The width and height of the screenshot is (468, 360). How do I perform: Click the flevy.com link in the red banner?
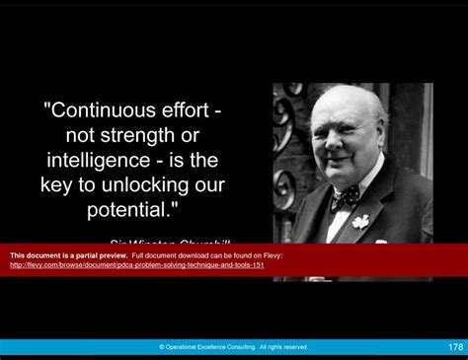click(x=136, y=264)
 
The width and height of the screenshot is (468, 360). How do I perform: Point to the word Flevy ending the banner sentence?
click(x=273, y=255)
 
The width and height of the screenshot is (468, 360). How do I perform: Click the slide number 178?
click(x=455, y=347)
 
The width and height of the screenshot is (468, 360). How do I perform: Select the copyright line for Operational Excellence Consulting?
click(x=233, y=347)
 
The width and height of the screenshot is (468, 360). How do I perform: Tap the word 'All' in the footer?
click(x=265, y=347)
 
